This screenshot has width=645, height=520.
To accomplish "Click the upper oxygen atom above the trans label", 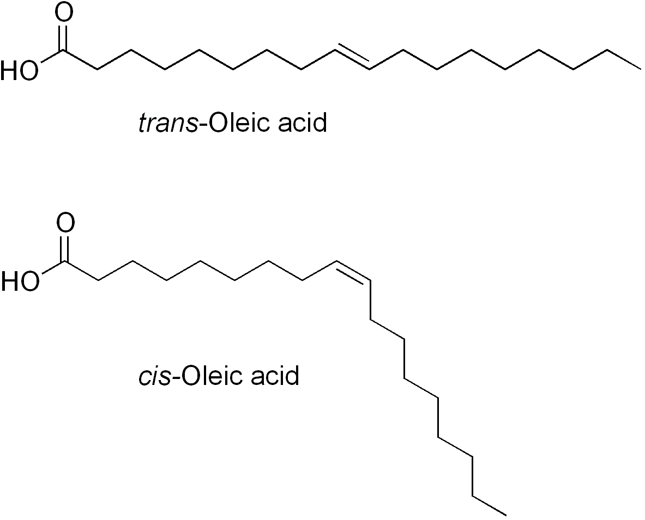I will (64, 13).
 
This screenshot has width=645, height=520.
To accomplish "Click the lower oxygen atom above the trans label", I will (29, 71).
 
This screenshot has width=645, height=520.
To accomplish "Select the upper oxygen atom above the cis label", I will (65, 223).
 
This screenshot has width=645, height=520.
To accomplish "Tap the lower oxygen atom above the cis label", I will (30, 282).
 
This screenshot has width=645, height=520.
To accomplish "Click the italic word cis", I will (155, 376).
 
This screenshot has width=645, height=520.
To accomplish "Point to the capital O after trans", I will (218, 124).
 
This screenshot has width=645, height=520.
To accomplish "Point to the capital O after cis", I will (190, 376).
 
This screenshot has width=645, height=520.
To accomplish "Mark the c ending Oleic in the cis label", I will (236, 377).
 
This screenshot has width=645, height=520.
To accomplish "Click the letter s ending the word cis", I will (166, 377).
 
